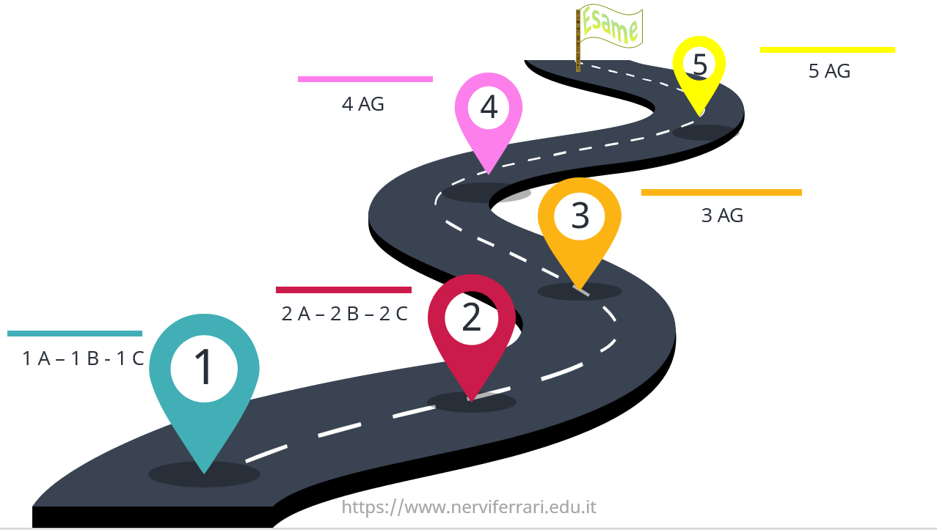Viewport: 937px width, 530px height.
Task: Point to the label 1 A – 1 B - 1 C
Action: (83, 358)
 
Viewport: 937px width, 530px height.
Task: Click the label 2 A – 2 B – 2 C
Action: (345, 314)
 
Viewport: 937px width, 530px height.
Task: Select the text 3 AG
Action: (722, 216)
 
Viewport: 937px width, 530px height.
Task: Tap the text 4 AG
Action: (362, 104)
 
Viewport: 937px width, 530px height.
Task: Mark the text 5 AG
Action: (829, 71)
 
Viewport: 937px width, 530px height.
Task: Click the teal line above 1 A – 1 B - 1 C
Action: (75, 334)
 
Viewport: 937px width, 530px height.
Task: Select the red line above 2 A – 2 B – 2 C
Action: (344, 290)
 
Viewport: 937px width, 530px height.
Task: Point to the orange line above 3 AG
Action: (721, 192)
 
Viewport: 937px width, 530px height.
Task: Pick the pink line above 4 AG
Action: (365, 79)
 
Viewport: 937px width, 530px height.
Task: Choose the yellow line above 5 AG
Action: (828, 50)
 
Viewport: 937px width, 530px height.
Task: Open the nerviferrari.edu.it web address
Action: (469, 507)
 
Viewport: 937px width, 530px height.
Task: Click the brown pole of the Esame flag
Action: (577, 40)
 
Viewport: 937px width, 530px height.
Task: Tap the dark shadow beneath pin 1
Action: (204, 474)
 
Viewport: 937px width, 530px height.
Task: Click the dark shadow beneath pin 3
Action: (580, 291)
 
